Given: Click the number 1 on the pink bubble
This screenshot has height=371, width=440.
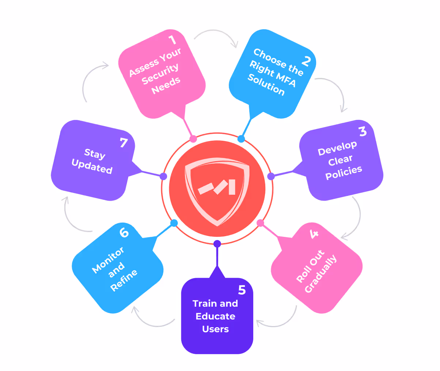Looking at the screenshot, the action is point(172,39).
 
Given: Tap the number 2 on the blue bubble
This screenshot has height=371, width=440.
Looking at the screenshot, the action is point(306,61).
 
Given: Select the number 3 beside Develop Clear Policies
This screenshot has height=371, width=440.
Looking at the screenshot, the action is point(362,131).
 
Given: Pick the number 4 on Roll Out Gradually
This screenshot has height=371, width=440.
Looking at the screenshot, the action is point(314,234).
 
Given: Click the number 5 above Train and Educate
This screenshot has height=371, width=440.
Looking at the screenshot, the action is point(242,290).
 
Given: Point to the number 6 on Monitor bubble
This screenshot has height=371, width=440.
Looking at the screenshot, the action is point(124,232).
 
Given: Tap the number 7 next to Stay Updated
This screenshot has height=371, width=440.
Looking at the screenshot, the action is point(124,143).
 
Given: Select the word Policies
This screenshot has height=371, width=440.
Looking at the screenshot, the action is point(344,172).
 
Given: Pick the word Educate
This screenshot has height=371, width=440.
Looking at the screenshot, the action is point(215,316).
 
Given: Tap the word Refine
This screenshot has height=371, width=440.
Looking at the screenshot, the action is point(124,280).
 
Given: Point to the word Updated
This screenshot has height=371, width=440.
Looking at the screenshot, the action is point(92,166).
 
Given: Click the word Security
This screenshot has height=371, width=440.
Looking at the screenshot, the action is point(160,74).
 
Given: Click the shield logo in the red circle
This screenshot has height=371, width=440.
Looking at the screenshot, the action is point(217,189).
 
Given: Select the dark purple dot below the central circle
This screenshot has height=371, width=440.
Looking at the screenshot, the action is point(217,244).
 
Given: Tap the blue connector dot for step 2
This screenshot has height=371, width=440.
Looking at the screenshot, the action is point(241,139).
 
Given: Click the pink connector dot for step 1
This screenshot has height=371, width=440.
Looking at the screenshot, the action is point(193,139).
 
